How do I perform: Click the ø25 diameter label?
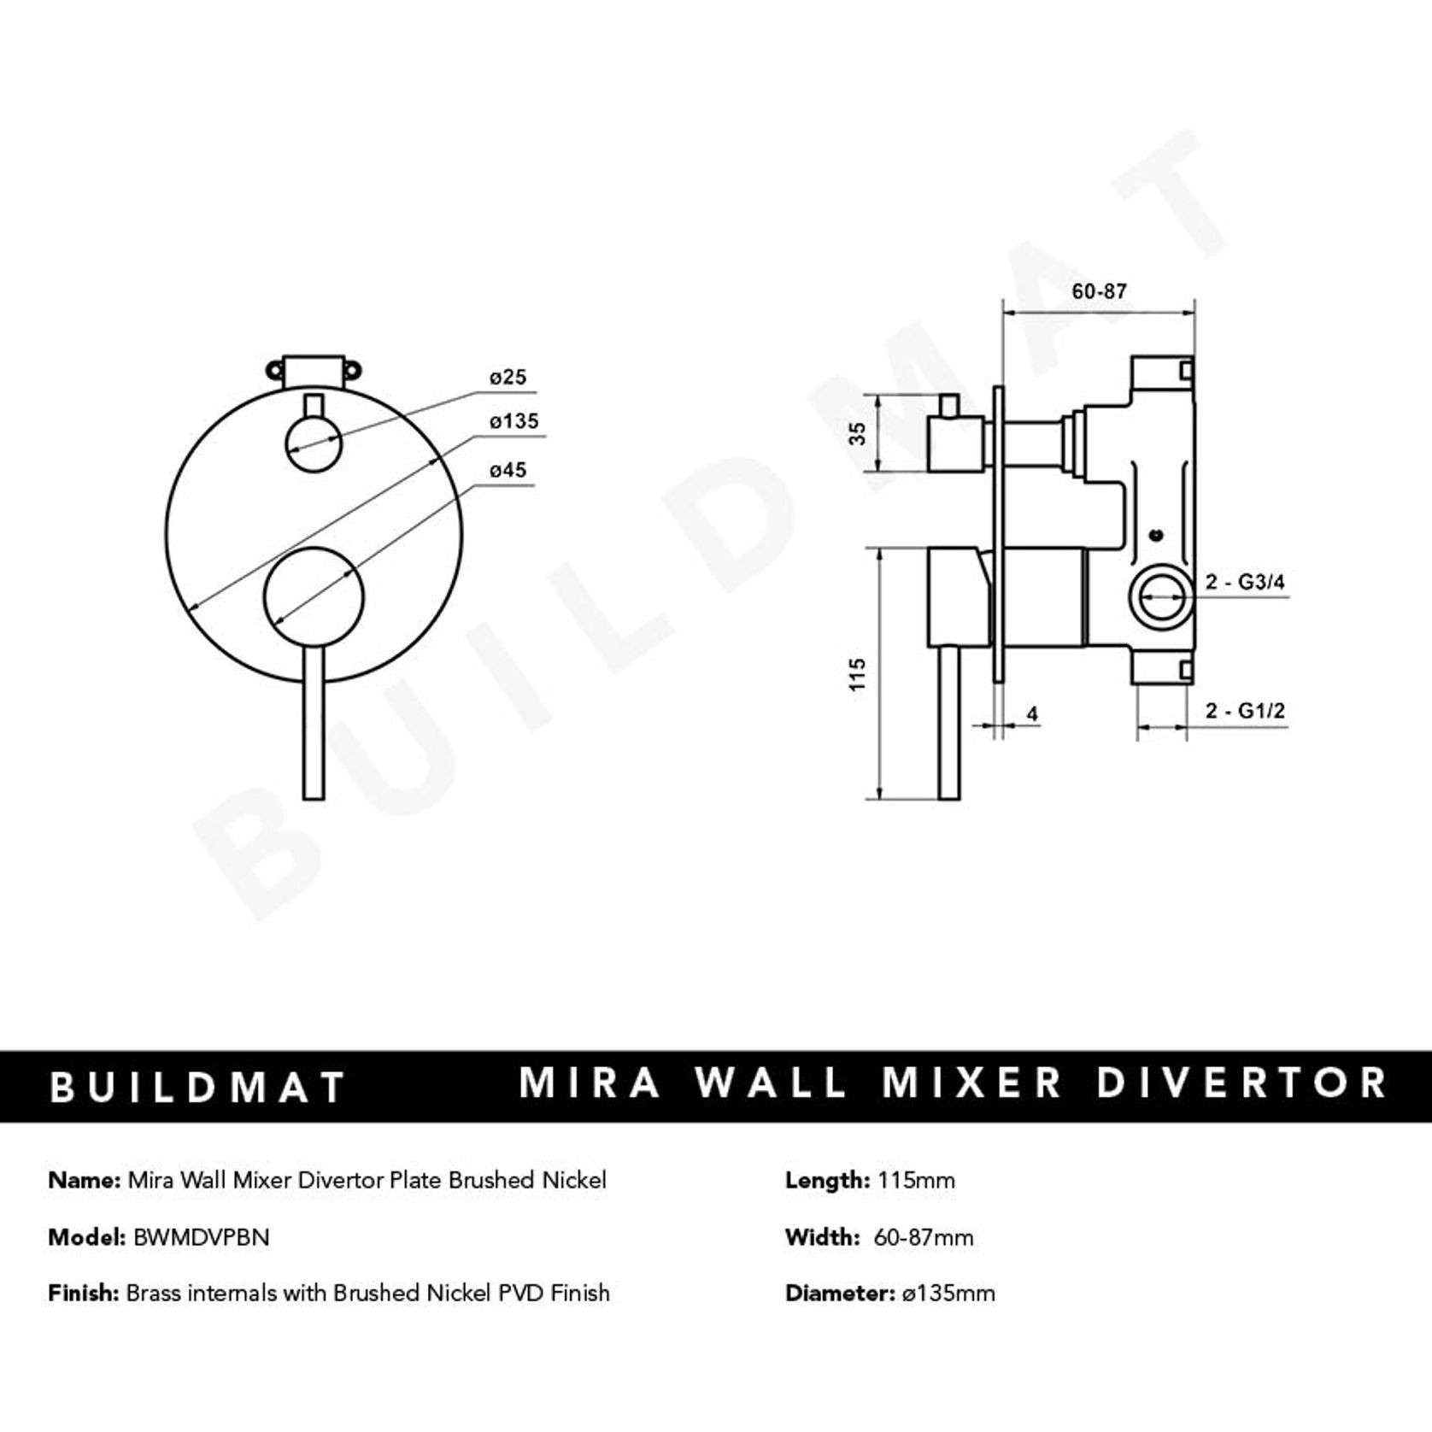point(508,377)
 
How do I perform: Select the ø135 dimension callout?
point(514,421)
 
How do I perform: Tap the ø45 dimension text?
point(508,470)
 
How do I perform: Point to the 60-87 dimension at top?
point(1099,291)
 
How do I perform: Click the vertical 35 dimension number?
point(858,433)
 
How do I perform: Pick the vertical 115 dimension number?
point(858,674)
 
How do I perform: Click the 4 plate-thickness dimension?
point(1032,713)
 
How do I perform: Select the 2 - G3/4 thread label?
point(1245,583)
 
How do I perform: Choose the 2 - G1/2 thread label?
point(1245,711)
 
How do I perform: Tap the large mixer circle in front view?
point(314,595)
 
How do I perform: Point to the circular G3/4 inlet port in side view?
point(1160,596)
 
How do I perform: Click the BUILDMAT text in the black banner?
point(197,1088)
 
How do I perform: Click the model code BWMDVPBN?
point(201,1237)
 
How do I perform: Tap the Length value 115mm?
point(916,1181)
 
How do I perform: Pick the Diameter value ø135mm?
point(948,1294)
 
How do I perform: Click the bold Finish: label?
point(83,1294)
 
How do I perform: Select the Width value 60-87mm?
point(923,1237)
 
